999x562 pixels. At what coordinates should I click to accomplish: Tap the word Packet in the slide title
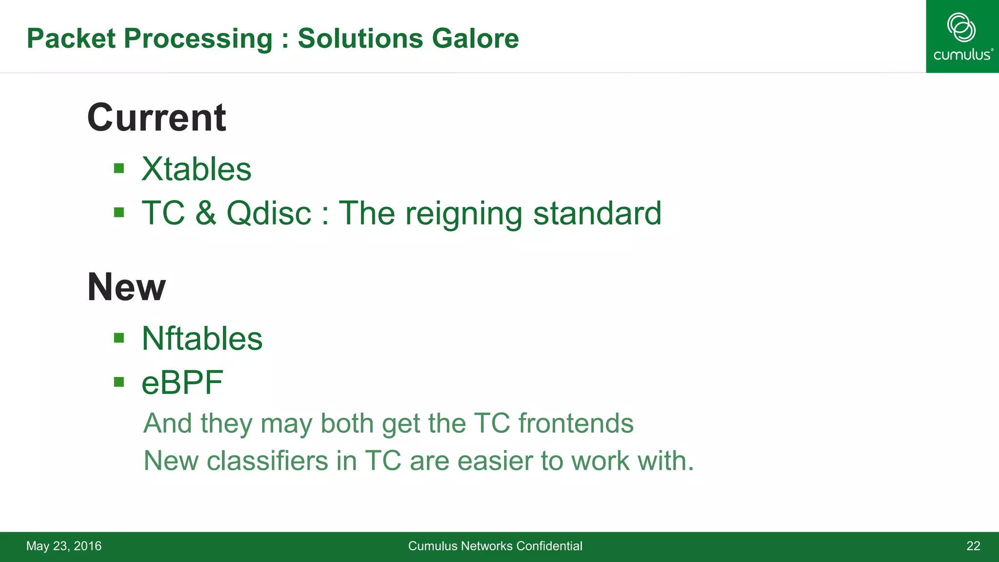pyautogui.click(x=71, y=39)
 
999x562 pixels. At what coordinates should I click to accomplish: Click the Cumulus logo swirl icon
pyautogui.click(x=961, y=27)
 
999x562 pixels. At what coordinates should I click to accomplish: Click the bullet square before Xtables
pyautogui.click(x=119, y=169)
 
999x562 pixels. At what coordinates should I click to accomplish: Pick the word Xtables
pyautogui.click(x=197, y=169)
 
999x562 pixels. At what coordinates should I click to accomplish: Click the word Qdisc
pyautogui.click(x=269, y=213)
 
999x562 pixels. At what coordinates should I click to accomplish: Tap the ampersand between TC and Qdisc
pyautogui.click(x=206, y=213)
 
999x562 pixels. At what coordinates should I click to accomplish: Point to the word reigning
pyautogui.click(x=464, y=214)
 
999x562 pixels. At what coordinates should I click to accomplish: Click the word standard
pyautogui.click(x=597, y=213)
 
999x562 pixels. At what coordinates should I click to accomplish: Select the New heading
pyautogui.click(x=126, y=287)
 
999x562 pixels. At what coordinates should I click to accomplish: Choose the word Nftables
pyautogui.click(x=202, y=339)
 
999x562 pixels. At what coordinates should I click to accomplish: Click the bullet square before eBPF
pyautogui.click(x=119, y=382)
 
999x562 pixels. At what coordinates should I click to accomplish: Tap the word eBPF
pyautogui.click(x=182, y=382)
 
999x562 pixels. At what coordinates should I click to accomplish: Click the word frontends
pyautogui.click(x=576, y=423)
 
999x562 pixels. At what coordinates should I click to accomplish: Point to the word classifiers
pyautogui.click(x=267, y=461)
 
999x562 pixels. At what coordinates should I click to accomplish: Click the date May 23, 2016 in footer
pyautogui.click(x=64, y=546)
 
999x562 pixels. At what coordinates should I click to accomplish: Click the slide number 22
pyautogui.click(x=973, y=546)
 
